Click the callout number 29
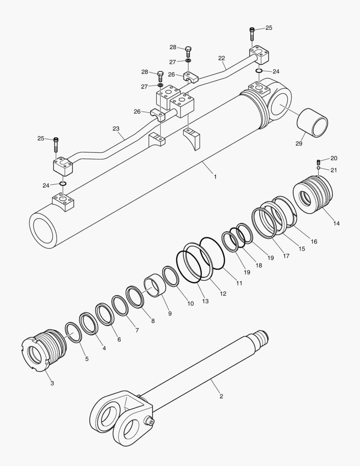coord(299,143)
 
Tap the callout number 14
coord(336,223)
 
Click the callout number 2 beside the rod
coord(221,396)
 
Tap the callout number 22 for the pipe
coord(222,58)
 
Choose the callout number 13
coord(205,301)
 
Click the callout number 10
coord(190,303)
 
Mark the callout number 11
coord(238,283)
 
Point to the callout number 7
coord(137,330)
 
